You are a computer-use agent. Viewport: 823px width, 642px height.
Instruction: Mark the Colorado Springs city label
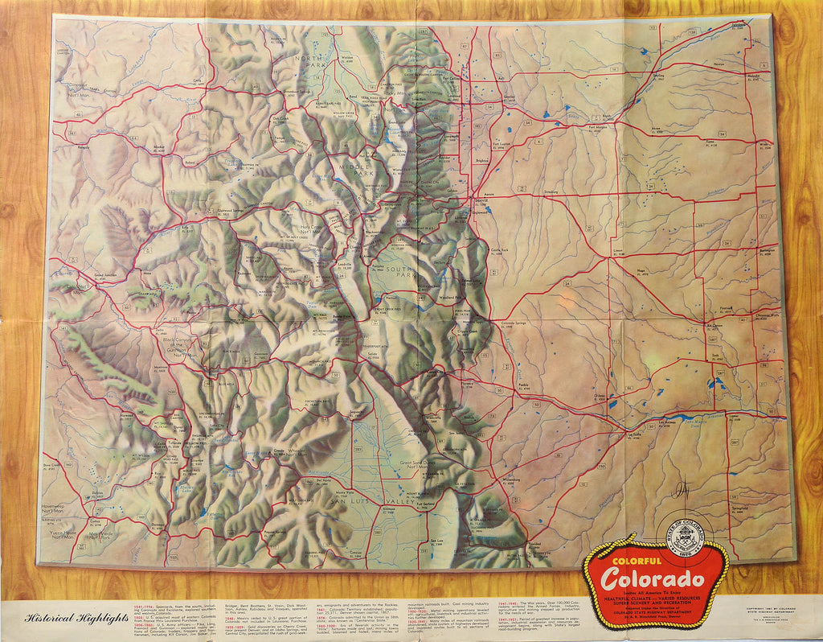click(x=518, y=323)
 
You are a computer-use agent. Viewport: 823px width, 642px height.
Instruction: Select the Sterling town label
click(x=659, y=76)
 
